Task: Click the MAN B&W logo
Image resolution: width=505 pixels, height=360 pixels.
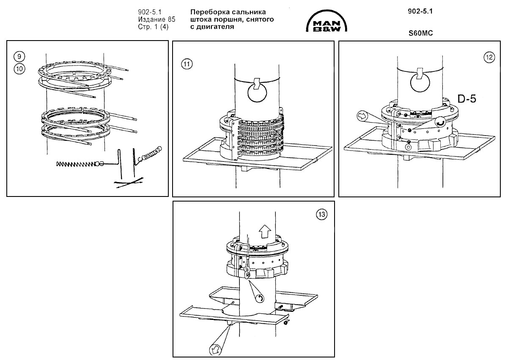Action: tap(327, 22)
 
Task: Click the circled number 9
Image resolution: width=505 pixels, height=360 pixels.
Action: tap(19, 57)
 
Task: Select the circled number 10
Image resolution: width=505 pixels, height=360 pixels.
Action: tap(19, 68)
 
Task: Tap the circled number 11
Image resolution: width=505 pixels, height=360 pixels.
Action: tap(187, 64)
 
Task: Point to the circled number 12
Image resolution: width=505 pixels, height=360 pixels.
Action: tap(489, 57)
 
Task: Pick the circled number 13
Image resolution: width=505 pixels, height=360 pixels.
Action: tap(322, 215)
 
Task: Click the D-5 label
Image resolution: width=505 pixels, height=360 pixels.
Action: tap(467, 98)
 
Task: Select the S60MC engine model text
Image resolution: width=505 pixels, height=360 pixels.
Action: tap(420, 33)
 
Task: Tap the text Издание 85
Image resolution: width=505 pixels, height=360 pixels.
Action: tap(156, 19)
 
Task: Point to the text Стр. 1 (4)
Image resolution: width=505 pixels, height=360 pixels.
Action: tap(153, 27)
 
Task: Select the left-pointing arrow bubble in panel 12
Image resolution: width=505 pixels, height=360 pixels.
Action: tap(362, 115)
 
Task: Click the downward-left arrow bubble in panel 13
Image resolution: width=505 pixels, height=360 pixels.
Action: tap(215, 349)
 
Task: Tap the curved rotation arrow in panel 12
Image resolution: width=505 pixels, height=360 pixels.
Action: tap(439, 122)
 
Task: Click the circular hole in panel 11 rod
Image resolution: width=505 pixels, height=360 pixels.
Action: tap(257, 93)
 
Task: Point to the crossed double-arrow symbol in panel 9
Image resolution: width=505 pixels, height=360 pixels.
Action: tap(129, 183)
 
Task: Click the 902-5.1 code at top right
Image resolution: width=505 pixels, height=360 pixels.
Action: tap(420, 11)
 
